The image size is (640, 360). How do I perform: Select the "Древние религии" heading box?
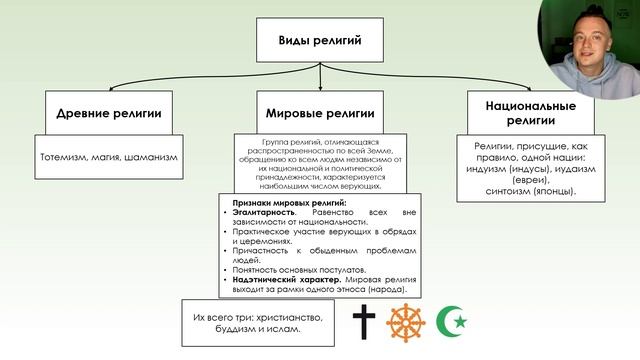(x=107, y=111)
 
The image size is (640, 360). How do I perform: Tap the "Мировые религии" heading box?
(x=320, y=111)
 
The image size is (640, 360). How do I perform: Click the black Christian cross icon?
(x=362, y=322)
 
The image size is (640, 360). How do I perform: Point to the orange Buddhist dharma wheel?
(x=407, y=322)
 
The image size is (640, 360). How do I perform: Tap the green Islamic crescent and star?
(x=455, y=322)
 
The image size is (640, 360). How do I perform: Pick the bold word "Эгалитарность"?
(x=263, y=213)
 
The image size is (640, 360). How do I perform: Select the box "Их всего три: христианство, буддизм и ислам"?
(x=259, y=322)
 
